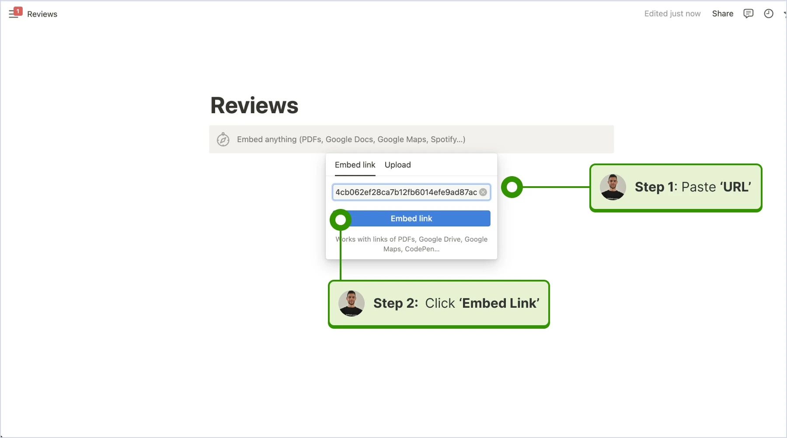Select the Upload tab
tap(397, 165)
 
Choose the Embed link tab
tap(355, 165)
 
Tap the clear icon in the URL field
tap(483, 192)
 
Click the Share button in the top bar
tap(722, 14)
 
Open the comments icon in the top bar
tap(748, 14)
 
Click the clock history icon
tap(768, 14)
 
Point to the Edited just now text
tap(672, 14)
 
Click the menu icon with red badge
tap(15, 13)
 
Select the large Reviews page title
tap(254, 105)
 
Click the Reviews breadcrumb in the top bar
tap(42, 14)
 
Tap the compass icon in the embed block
tap(223, 139)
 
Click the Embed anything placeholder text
tap(351, 139)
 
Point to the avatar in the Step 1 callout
tap(613, 187)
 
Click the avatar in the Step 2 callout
tap(351, 303)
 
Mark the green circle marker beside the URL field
tap(512, 187)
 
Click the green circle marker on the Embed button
tap(341, 220)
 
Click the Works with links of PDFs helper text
tap(411, 244)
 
